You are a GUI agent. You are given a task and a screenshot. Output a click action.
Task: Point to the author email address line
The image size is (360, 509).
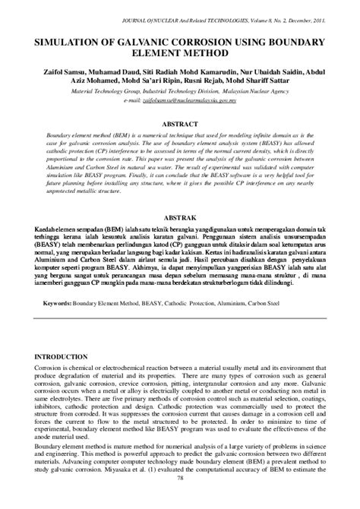[179, 100]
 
